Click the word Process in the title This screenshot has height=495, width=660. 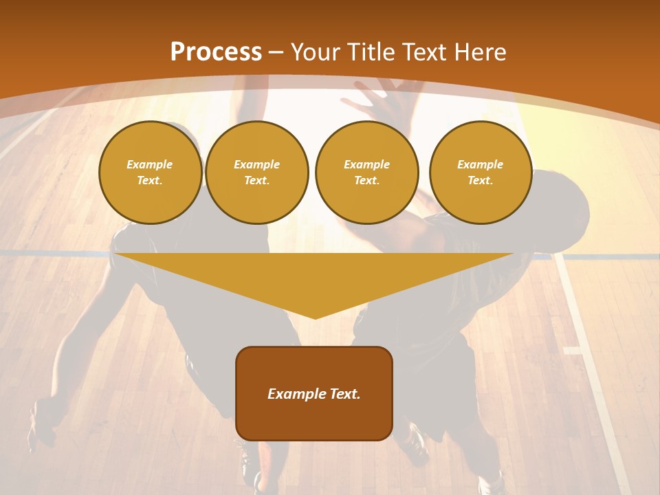point(216,52)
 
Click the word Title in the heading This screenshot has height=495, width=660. point(368,52)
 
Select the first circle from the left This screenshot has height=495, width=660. point(150,172)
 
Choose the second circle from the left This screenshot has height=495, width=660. point(257,172)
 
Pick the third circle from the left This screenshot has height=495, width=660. point(366,172)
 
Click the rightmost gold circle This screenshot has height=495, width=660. point(481,172)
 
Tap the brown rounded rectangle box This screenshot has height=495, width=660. point(314,419)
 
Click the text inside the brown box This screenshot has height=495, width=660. point(314,394)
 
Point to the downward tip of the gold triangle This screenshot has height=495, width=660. point(314,317)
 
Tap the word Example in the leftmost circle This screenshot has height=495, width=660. point(150,164)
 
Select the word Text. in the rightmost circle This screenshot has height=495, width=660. point(481,180)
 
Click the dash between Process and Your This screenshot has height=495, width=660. point(276,52)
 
